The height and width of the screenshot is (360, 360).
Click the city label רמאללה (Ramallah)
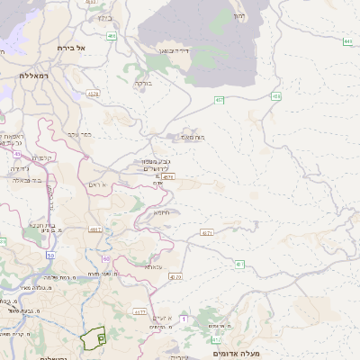click(x=35, y=76)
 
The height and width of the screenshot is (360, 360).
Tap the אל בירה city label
click(x=68, y=47)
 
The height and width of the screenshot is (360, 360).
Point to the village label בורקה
click(x=142, y=83)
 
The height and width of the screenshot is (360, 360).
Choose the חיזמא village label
click(x=161, y=213)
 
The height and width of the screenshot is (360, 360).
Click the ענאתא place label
click(x=154, y=267)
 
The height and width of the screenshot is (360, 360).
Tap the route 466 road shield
click(x=112, y=36)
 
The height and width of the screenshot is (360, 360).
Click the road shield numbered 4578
click(x=168, y=177)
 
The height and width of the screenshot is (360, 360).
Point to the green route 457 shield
click(x=219, y=99)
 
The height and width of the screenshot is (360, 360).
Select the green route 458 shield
click(x=276, y=96)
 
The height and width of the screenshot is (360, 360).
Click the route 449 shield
click(x=347, y=40)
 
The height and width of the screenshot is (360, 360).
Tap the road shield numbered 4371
click(x=208, y=232)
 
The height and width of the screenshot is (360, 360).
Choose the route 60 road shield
click(x=104, y=259)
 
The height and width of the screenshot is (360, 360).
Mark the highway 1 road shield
click(x=184, y=319)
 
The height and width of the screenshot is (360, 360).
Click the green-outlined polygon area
click(x=93, y=339)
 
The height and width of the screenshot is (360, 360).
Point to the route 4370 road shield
click(x=175, y=277)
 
